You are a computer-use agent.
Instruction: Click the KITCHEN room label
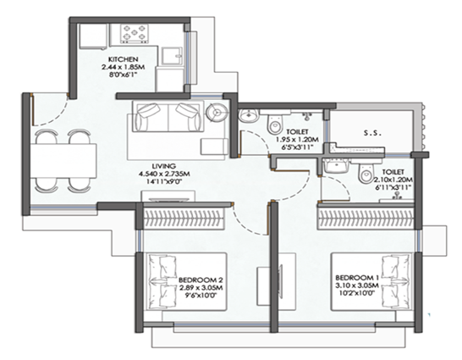coord(123,60)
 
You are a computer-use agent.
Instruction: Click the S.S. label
coord(369,132)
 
